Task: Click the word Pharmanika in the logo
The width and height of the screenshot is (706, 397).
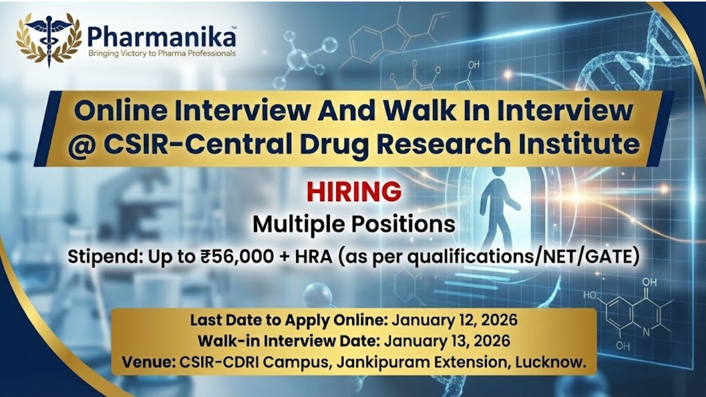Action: pos(162,37)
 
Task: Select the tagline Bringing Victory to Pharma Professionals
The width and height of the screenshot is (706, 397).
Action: pos(162,53)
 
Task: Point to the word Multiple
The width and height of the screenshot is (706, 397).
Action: pos(299,224)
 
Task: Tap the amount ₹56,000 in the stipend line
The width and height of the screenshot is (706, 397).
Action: pos(237,256)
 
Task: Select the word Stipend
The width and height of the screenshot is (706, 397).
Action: pos(103,257)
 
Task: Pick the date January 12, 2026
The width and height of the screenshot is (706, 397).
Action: pos(454,320)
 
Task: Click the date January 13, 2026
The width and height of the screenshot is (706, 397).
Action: pos(447,341)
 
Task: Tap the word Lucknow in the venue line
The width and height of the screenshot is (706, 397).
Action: pos(550,362)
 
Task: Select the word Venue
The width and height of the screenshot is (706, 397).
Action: pos(149,362)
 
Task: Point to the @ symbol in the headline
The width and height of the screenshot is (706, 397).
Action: pos(83,145)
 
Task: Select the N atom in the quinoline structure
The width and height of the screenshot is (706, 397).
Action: pos(646,332)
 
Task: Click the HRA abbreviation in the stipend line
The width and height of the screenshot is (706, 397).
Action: pos(313,257)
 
